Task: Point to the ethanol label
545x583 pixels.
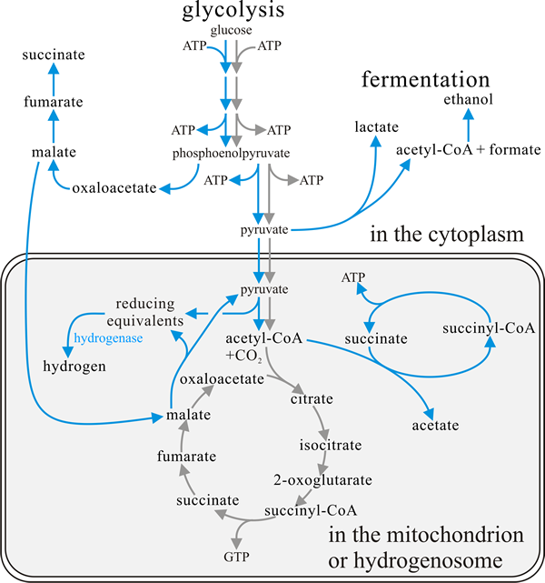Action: tap(469, 99)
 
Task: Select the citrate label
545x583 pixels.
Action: tap(312, 398)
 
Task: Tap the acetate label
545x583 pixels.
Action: tap(435, 425)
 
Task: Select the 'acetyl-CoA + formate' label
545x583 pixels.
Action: tap(469, 148)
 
